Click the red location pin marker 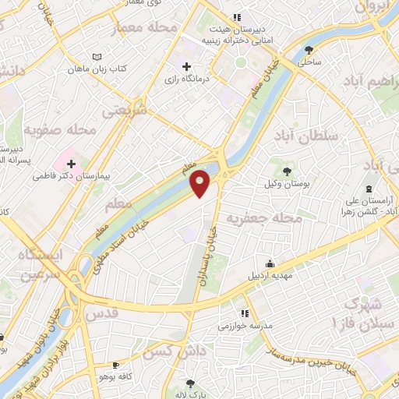click(201, 183)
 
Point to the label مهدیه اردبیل click(269, 275)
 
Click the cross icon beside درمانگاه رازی click(185, 68)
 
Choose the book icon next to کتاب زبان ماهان click(97, 58)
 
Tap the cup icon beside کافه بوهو click(115, 365)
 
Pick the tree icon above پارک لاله click(191, 383)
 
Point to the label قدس click(104, 312)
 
